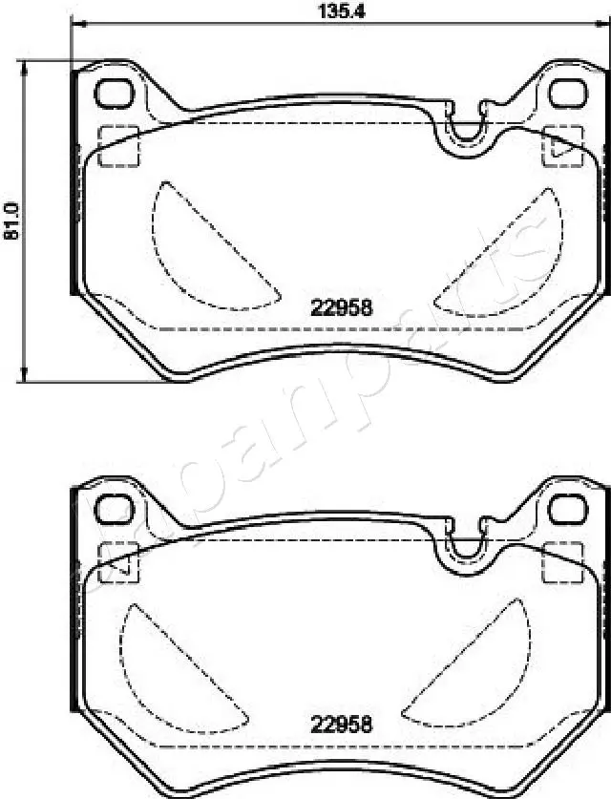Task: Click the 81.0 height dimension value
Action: (x=11, y=221)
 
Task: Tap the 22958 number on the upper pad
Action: (x=341, y=308)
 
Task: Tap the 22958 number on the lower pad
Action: (x=341, y=724)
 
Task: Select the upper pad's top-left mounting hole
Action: (x=116, y=94)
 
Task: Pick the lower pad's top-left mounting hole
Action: (x=116, y=509)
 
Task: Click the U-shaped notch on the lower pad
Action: (x=467, y=545)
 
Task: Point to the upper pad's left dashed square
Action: (x=119, y=145)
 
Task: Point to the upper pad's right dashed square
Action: (x=561, y=145)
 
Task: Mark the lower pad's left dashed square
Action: (x=119, y=561)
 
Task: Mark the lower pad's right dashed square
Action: (x=561, y=561)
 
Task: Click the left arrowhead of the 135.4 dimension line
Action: (x=76, y=24)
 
